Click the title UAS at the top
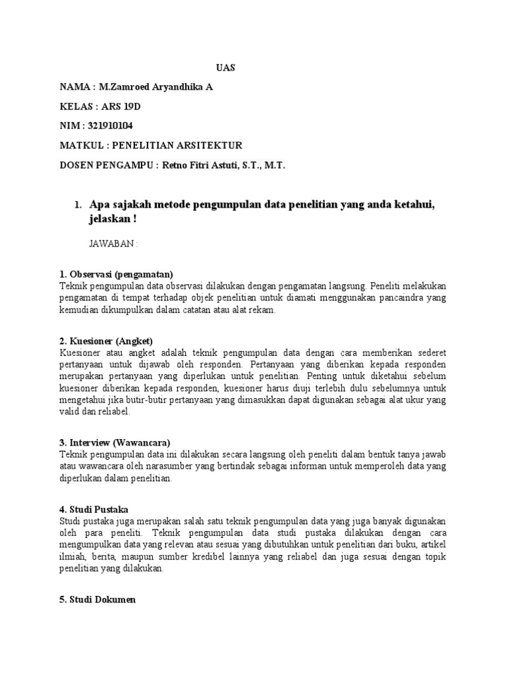coord(226,68)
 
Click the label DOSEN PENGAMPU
coord(105,165)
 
